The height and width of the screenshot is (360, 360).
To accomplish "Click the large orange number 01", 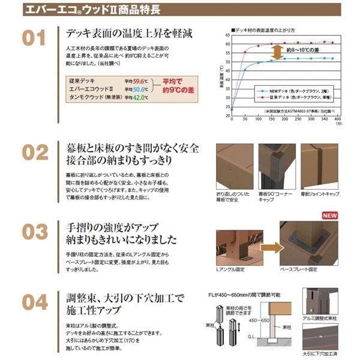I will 34,38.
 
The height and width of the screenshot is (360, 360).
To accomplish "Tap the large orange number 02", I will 35,152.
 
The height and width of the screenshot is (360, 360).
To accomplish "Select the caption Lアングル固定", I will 232,274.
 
